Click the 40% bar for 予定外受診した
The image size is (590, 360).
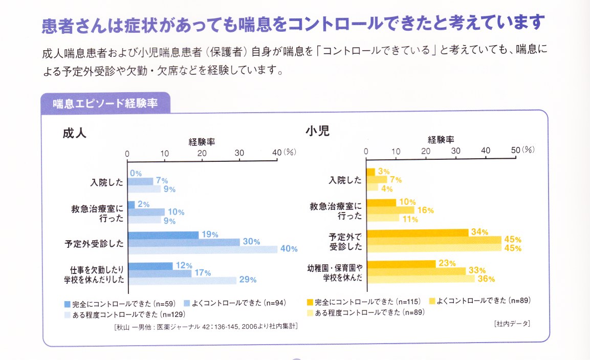(202, 249)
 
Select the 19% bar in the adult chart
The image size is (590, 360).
(163, 235)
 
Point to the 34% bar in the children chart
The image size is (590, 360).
(417, 232)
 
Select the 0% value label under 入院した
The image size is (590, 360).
(136, 174)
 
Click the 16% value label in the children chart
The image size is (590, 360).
(426, 210)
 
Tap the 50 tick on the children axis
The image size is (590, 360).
(515, 150)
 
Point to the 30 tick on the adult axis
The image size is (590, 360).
(239, 153)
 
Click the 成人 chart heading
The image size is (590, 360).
(75, 134)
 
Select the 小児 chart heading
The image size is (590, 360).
(317, 131)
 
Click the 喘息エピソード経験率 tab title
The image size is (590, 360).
(105, 103)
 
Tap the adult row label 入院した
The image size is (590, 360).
(107, 181)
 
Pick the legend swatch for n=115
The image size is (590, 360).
(310, 302)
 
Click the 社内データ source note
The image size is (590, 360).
(512, 323)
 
